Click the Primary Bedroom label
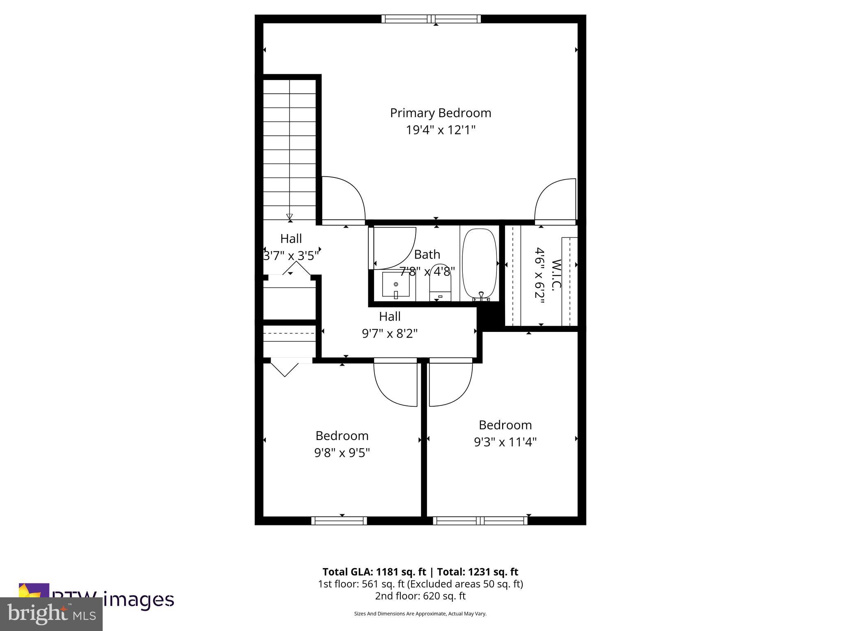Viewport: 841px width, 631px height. [440, 113]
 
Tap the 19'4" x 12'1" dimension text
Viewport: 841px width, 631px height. [440, 130]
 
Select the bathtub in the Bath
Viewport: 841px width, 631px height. [479, 263]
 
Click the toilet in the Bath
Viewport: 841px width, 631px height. [440, 283]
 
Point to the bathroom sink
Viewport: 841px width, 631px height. [396, 284]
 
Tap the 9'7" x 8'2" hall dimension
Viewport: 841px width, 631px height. [389, 334]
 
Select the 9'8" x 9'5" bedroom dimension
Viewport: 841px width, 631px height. [342, 453]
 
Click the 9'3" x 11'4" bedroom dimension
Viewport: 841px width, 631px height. [505, 442]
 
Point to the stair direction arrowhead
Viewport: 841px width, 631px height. [290, 216]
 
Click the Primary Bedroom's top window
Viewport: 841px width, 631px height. [431, 19]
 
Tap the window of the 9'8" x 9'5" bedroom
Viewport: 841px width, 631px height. [339, 521]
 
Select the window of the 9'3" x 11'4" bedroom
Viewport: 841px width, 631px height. [480, 521]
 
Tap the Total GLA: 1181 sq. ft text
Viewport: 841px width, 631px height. [374, 572]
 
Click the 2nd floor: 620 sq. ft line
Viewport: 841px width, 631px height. [420, 596]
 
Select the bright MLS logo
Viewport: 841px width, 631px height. [51, 614]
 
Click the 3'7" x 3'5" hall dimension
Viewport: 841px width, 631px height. [291, 256]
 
